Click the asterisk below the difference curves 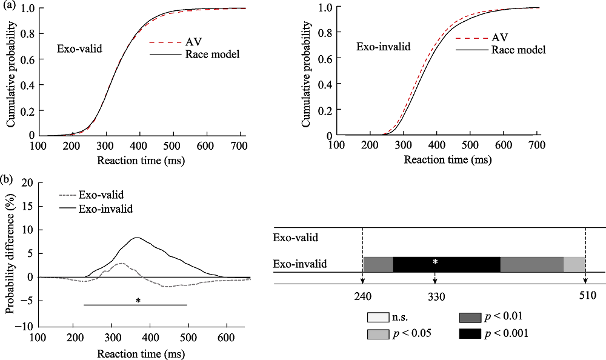(x=138, y=300)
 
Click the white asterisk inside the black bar (x=435, y=262)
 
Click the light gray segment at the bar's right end (x=574, y=265)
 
